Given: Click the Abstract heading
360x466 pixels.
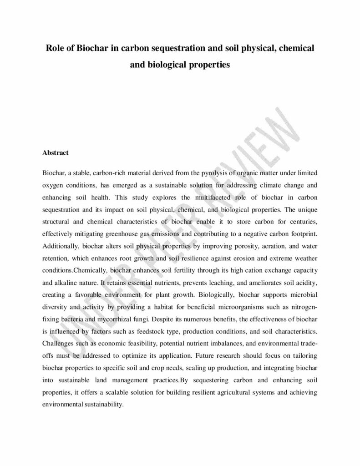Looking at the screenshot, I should pos(55,153).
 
